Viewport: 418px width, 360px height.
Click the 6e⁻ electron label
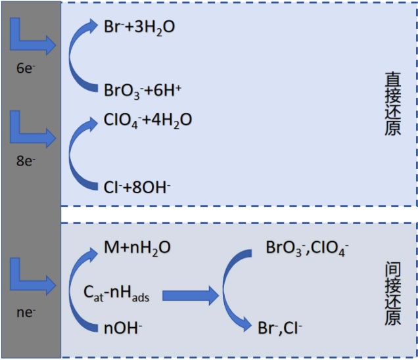click(x=29, y=67)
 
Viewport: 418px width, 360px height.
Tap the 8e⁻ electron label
click(x=29, y=159)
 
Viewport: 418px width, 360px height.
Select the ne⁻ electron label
click(x=29, y=312)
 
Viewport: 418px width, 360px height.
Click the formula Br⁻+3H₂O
click(x=139, y=28)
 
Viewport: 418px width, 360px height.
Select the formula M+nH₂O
click(x=137, y=248)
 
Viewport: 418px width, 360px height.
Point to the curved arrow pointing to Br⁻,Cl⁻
click(x=233, y=289)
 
